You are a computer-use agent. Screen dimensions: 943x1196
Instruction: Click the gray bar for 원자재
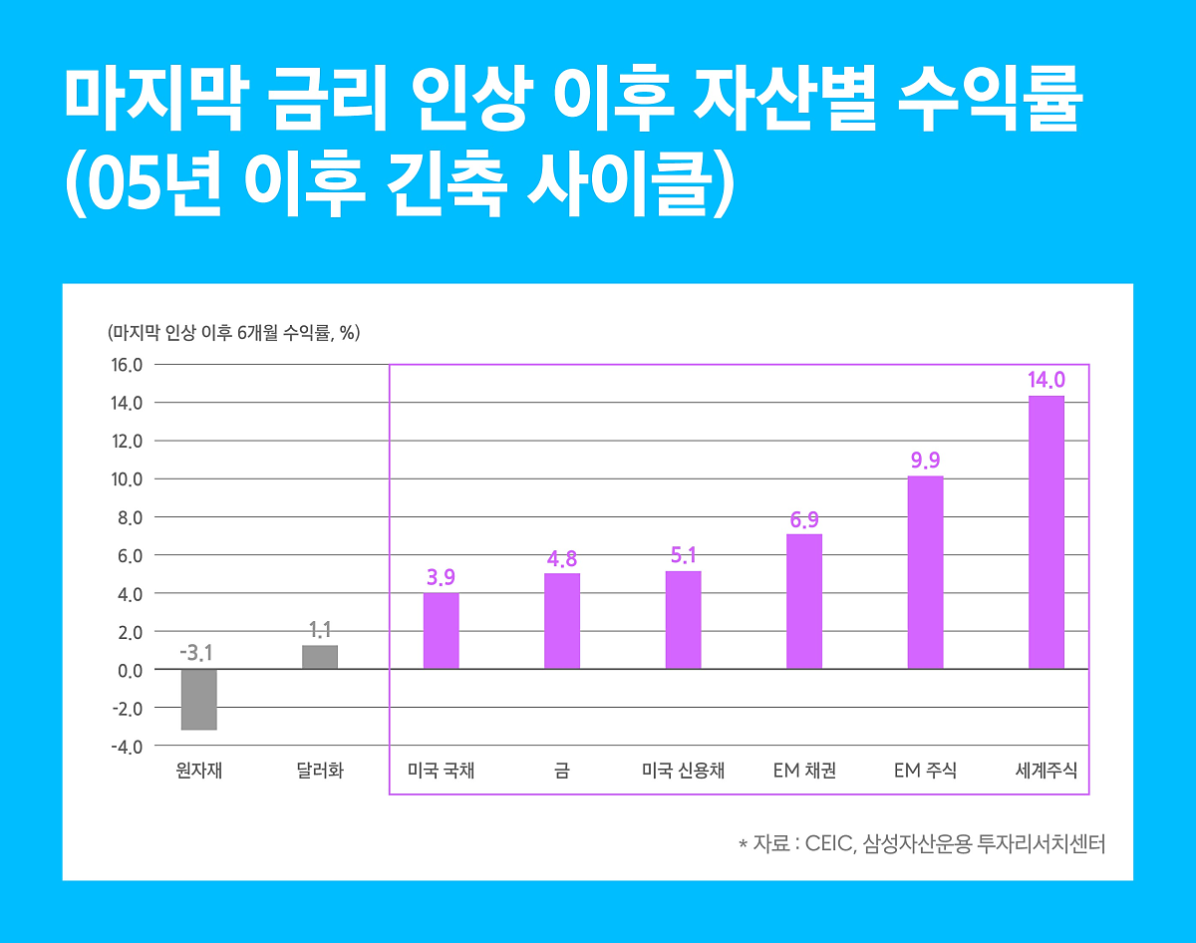point(198,699)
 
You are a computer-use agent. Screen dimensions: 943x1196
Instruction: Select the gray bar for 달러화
point(320,657)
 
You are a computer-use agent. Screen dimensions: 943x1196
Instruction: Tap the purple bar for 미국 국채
point(441,631)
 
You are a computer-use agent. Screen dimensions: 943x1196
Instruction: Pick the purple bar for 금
point(562,621)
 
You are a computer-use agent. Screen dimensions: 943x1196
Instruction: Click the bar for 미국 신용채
point(683,619)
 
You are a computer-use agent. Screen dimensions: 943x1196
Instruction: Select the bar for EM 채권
point(804,601)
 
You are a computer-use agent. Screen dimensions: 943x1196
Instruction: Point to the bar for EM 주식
point(925,572)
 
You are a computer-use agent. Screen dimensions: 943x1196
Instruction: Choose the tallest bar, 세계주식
point(1046,532)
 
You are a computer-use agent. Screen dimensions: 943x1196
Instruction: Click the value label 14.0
point(1046,380)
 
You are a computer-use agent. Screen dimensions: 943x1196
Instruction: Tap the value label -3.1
point(197,654)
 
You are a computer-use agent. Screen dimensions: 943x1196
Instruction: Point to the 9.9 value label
point(925,461)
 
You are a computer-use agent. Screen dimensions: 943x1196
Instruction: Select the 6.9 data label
point(804,519)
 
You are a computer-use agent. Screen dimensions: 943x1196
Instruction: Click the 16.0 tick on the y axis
point(126,365)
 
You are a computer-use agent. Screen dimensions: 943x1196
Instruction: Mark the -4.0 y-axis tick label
point(126,747)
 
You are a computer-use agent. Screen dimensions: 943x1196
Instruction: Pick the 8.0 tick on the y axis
point(128,517)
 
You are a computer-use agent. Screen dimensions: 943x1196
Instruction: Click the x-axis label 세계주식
point(1046,771)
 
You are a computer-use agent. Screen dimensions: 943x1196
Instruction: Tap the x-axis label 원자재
point(198,771)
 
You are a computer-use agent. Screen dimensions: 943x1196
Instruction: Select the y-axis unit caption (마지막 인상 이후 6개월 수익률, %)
point(233,333)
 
